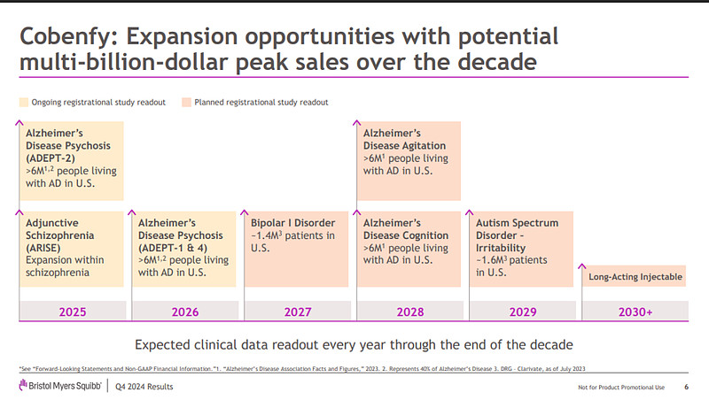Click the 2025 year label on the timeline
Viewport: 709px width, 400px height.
coord(72,312)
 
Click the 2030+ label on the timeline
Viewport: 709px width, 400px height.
coord(635,312)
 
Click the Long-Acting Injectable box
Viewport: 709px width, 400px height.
coord(635,277)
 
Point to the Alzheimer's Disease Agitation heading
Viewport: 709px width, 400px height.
coord(404,140)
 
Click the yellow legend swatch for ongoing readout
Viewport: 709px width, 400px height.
coord(24,103)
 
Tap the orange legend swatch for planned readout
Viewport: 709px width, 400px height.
coord(186,103)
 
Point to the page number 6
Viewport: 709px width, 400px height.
coord(686,388)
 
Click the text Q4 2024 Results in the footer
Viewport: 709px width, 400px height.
coord(144,388)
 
